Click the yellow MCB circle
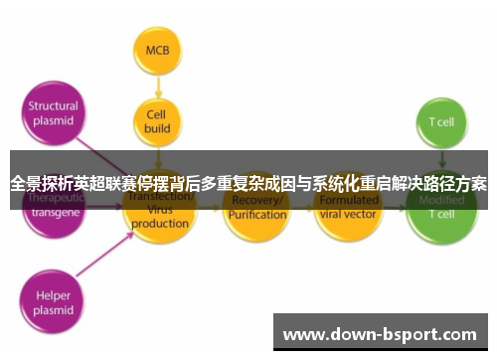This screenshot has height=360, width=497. (x=156, y=50)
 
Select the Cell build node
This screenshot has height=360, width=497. (x=156, y=121)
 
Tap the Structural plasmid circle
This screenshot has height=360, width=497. (x=53, y=113)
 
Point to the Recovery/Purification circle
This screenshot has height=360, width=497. (x=256, y=208)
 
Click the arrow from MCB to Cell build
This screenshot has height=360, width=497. (x=156, y=86)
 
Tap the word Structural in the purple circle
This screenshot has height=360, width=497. (x=53, y=106)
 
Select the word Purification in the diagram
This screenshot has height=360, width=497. (x=256, y=215)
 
